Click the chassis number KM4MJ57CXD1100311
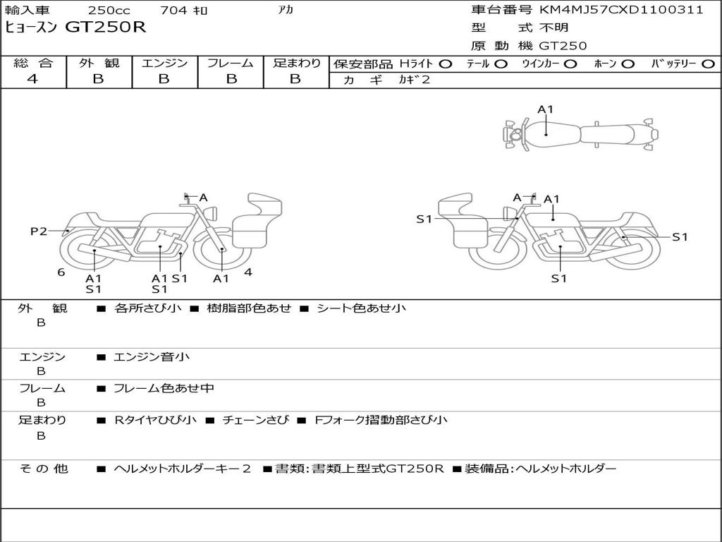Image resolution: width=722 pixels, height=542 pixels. point(621,10)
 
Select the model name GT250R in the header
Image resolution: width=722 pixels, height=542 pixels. point(106,28)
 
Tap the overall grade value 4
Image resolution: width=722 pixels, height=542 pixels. point(32,79)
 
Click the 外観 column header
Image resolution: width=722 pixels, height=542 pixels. point(99,63)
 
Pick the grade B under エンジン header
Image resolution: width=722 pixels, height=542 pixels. point(164,79)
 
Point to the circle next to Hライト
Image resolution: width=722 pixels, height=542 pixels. point(446,64)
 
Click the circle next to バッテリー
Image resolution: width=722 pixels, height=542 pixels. point(708,64)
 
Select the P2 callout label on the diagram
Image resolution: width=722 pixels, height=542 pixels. point(39,231)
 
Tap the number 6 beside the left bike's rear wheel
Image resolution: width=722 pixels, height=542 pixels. point(61,272)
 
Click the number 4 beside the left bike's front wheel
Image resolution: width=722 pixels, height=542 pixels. point(248,272)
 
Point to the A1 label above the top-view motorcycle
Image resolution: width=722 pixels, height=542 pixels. point(545,109)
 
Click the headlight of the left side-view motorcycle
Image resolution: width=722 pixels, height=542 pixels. point(212,213)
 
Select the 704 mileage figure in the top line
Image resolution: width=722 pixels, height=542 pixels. point(173,10)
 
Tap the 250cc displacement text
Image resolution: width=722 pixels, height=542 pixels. point(109,10)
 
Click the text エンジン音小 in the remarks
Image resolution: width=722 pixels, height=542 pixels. point(152,356)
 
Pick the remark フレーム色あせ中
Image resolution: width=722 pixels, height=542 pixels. point(164,388)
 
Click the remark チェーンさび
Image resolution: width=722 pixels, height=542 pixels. point(256,420)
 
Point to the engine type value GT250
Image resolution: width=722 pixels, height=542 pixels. point(563,46)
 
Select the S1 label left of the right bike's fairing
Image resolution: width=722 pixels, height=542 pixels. point(424,219)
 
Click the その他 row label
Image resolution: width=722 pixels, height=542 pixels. point(43,469)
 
